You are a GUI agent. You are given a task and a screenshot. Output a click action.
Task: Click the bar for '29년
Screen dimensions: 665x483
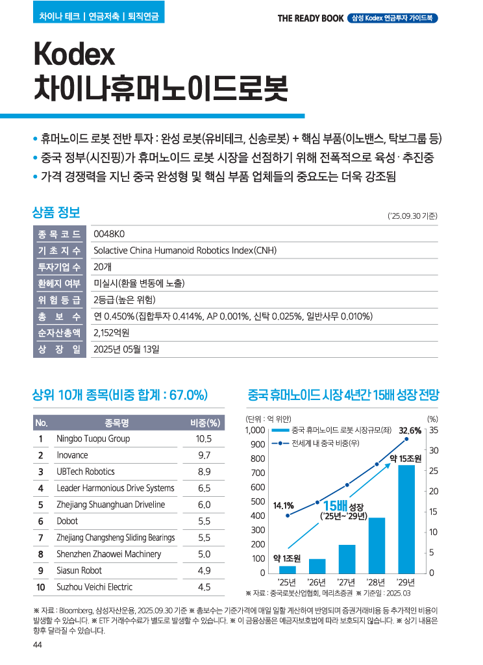coord(406,518)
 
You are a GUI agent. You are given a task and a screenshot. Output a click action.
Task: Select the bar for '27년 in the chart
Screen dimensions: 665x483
coord(347,558)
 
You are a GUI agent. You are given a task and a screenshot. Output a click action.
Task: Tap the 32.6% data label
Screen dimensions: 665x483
coord(410,431)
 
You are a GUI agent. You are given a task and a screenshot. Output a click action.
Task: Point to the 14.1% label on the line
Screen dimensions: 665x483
coord(283,505)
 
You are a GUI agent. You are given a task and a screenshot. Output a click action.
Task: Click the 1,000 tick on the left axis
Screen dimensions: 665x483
coord(254,431)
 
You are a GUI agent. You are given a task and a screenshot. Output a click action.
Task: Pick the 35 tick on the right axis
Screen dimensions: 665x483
coord(434,431)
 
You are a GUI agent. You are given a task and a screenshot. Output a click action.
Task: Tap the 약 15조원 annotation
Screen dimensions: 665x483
coord(406,459)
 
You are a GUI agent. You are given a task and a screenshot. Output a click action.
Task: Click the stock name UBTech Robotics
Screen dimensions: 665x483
coord(85,471)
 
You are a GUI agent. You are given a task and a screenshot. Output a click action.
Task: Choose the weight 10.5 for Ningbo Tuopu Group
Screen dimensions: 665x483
coord(203,438)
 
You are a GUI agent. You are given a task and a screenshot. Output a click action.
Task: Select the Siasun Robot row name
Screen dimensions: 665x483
coord(79,571)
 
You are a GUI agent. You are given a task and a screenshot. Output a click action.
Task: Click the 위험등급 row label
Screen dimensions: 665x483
coord(59,300)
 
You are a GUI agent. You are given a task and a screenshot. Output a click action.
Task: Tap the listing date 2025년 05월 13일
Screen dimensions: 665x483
coord(126,349)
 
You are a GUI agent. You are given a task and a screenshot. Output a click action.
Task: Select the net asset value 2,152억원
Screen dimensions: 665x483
coord(111,333)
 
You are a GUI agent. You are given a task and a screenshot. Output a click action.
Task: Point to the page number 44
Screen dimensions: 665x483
coord(37,644)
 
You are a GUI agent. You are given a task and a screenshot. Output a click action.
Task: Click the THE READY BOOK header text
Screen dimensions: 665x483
coord(310,18)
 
